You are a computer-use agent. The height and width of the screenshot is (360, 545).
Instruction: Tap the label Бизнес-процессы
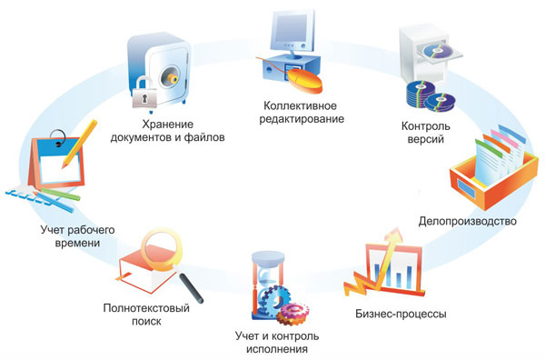pos(400,315)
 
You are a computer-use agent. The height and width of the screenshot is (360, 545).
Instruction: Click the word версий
pos(425,141)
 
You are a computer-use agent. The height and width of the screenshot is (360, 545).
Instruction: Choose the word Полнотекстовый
pos(147,307)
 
